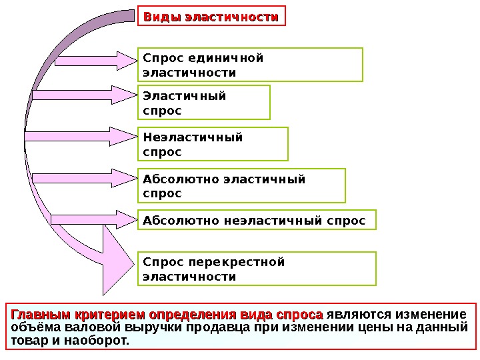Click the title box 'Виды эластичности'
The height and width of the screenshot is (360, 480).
coord(211,17)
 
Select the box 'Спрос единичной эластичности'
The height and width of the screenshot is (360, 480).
coord(250,64)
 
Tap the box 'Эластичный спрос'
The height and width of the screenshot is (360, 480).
coord(203,101)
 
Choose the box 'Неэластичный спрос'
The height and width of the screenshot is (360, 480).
coord(213,145)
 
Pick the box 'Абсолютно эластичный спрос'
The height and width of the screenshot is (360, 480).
coord(241,185)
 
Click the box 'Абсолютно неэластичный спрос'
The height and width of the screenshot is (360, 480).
coord(257,219)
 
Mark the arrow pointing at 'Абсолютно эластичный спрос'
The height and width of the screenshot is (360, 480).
coord(83,179)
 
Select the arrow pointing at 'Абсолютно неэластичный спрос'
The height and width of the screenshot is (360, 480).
coord(93,219)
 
